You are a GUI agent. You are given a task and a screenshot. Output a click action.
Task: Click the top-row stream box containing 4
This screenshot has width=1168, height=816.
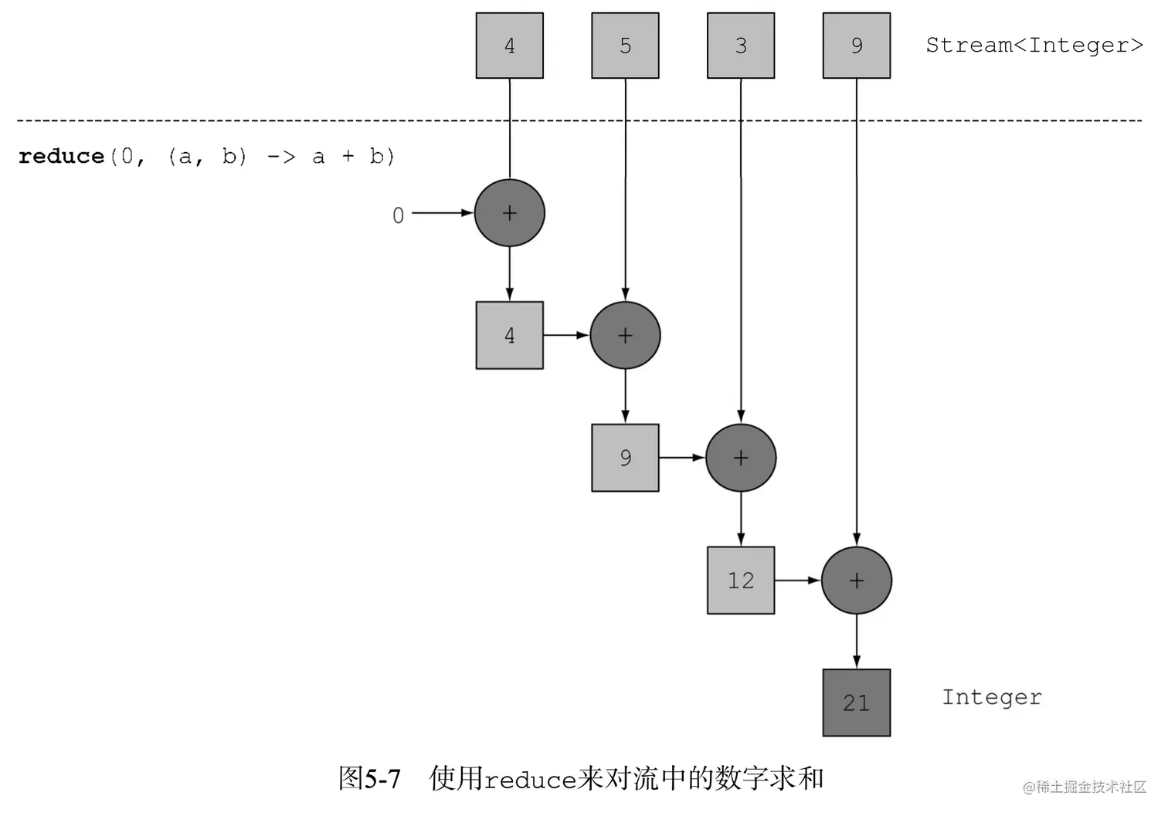point(509,46)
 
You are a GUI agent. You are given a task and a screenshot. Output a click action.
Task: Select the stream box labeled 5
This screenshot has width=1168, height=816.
point(625,46)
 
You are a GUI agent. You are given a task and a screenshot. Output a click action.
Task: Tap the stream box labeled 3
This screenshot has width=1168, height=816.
point(741,46)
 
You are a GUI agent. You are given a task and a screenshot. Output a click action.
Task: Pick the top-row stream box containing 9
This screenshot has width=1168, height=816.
point(856,46)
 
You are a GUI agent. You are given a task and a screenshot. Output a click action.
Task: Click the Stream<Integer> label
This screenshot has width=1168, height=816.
point(1034,46)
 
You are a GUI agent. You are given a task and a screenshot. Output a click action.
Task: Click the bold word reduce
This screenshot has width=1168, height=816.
point(61,156)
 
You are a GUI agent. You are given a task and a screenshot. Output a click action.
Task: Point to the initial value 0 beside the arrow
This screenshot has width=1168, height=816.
point(398,215)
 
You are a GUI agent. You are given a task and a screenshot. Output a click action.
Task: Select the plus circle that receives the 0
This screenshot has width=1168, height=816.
point(509,213)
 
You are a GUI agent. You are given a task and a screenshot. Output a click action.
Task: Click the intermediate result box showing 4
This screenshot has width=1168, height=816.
point(509,335)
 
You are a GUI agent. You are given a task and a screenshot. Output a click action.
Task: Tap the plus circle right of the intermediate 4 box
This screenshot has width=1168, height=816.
point(625,335)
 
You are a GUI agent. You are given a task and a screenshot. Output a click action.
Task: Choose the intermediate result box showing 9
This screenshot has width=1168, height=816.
point(625,458)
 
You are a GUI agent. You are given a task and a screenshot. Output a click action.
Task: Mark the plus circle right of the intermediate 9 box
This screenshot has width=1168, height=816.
point(741,458)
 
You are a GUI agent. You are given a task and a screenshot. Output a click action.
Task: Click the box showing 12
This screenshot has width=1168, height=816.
point(741,581)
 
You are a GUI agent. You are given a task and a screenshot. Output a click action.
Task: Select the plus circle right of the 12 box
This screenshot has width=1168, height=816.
point(856,581)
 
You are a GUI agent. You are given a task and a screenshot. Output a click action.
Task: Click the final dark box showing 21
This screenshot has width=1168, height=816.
point(856,703)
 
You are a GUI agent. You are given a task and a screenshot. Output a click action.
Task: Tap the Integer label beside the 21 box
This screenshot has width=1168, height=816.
point(992,697)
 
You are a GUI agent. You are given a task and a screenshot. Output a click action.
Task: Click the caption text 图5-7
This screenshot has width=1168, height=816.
point(369,778)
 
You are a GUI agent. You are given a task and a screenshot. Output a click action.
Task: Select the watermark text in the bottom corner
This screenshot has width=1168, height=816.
point(1085,787)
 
